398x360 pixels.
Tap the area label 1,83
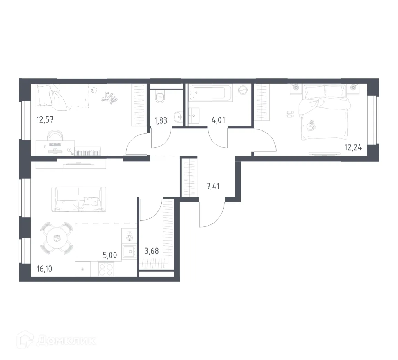(161, 121)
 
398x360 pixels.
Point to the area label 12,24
(353, 148)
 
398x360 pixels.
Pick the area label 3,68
(152, 251)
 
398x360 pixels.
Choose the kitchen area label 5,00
(109, 256)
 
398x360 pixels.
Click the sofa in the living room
(78, 199)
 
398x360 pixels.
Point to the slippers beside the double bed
(290, 113)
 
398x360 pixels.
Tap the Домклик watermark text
(66, 341)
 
